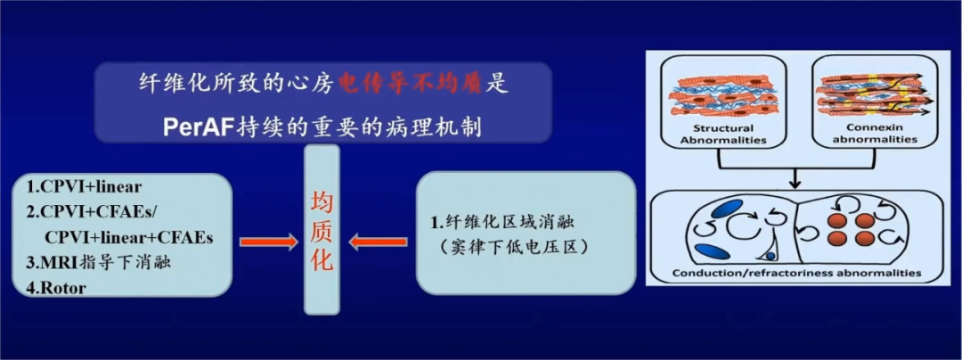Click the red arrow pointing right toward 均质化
[x=267, y=242]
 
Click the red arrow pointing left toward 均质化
[x=378, y=242]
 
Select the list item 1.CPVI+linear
[x=84, y=187]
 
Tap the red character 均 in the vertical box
[x=321, y=200]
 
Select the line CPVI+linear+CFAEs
[x=127, y=238]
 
